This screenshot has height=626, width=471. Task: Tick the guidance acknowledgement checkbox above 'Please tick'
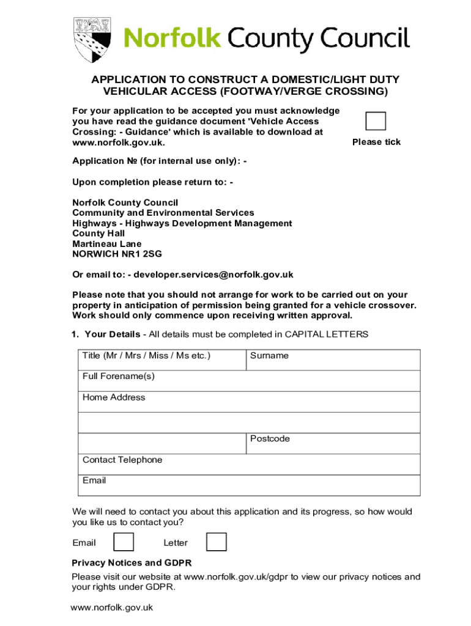click(376, 121)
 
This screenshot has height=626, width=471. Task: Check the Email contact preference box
click(124, 542)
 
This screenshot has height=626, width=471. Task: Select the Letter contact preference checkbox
click(217, 542)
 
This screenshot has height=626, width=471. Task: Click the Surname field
click(333, 360)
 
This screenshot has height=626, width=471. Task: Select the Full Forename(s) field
click(249, 381)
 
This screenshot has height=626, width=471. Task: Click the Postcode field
click(333, 443)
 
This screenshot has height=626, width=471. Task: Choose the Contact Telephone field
click(249, 464)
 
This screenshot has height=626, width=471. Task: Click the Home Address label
click(114, 397)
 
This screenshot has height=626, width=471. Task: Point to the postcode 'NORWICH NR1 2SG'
click(117, 254)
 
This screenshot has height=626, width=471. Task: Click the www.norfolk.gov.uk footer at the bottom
click(111, 608)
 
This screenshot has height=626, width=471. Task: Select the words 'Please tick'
click(376, 142)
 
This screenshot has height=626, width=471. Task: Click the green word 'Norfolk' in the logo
click(172, 39)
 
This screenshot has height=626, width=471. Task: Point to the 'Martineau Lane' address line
click(106, 243)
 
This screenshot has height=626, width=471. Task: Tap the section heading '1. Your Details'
click(106, 334)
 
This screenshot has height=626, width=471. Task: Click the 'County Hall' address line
click(98, 233)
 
